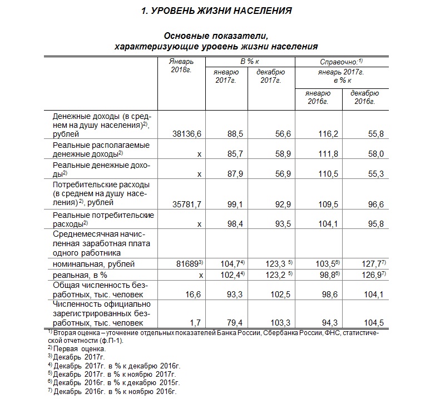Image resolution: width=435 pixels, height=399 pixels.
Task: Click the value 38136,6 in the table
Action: tap(187, 134)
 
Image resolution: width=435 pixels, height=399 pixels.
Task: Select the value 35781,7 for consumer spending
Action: tap(187, 203)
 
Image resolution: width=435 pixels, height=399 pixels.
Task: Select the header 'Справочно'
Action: tap(341, 61)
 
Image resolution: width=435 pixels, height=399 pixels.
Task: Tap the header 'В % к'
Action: tap(250, 61)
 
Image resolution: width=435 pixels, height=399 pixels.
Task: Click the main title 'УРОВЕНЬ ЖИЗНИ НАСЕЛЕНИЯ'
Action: tap(217, 11)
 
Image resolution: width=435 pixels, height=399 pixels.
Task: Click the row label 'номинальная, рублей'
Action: tap(93, 264)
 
